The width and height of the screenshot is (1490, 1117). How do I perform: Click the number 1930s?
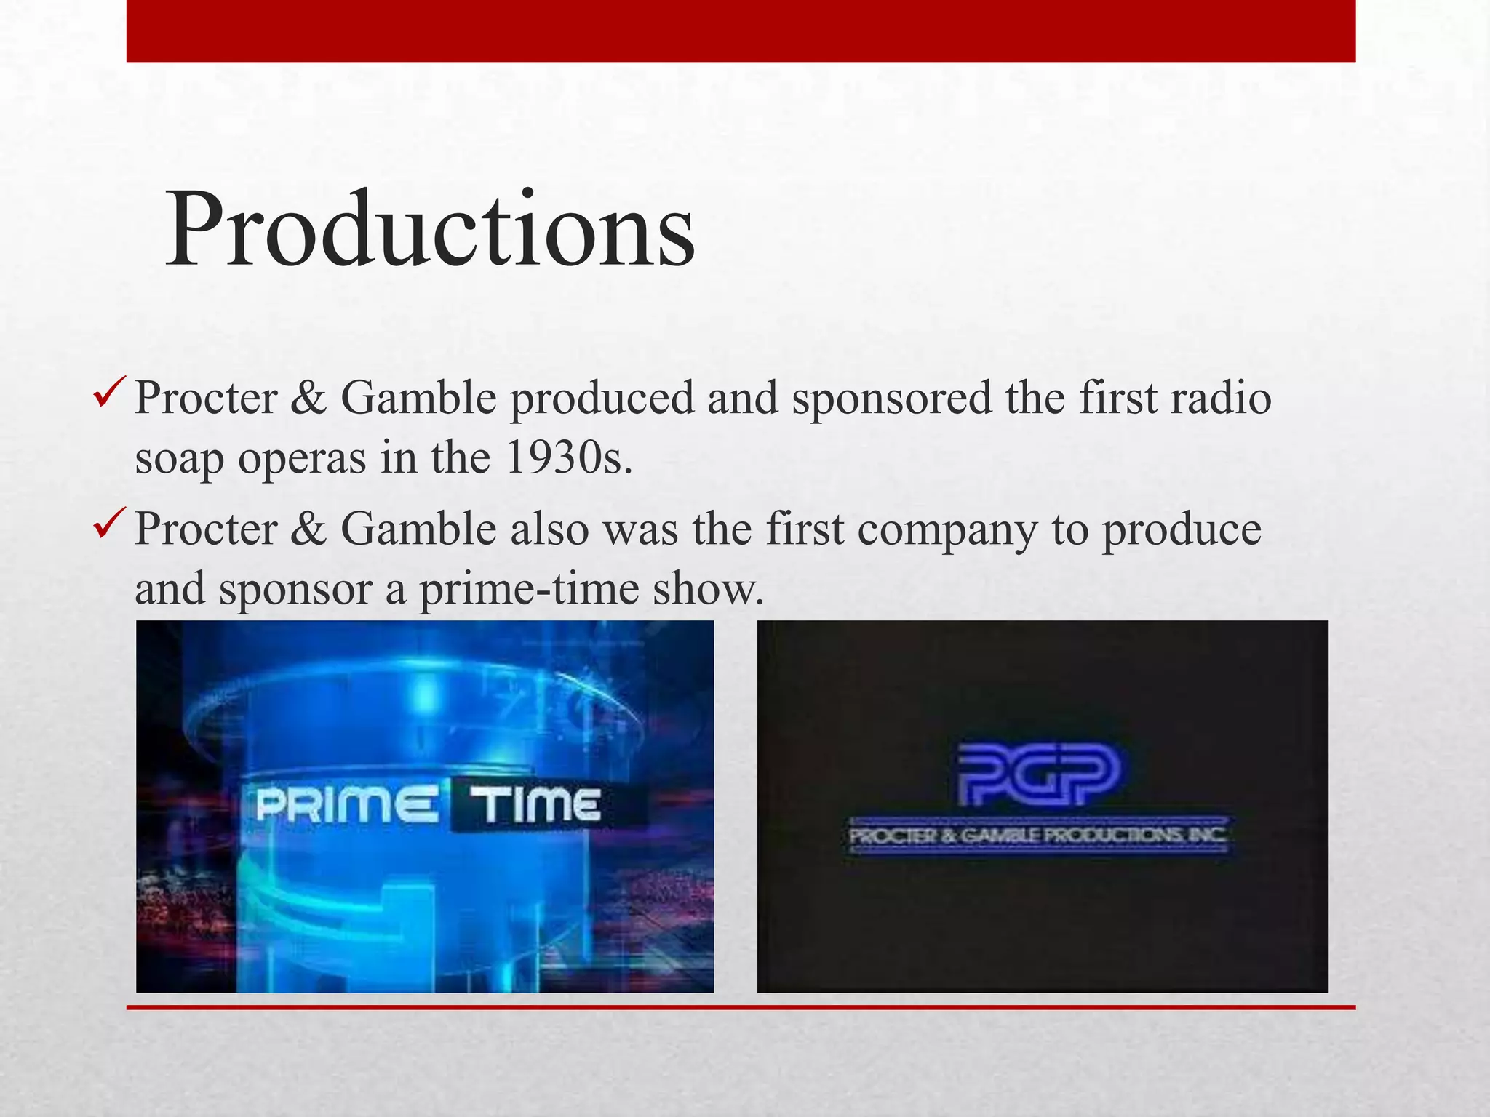(x=568, y=457)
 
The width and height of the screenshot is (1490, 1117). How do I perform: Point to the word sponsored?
(x=892, y=400)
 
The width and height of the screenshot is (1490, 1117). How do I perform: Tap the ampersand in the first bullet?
(x=308, y=399)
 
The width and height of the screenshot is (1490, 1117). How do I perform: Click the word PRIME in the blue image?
(x=346, y=806)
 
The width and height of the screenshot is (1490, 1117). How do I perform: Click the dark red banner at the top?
(x=741, y=31)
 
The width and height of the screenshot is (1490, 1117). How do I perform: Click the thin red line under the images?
(x=741, y=1007)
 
